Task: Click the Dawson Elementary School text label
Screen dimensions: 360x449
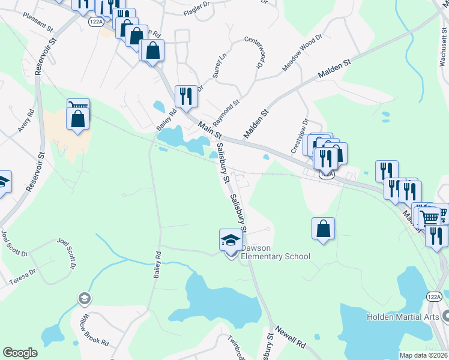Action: pos(276,252)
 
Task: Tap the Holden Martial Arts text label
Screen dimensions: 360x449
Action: pos(404,316)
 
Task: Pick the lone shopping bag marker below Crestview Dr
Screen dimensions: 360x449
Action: pos(323,229)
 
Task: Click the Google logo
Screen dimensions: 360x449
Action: pos(20,353)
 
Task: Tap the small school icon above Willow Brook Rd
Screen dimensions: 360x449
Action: pos(85,298)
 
